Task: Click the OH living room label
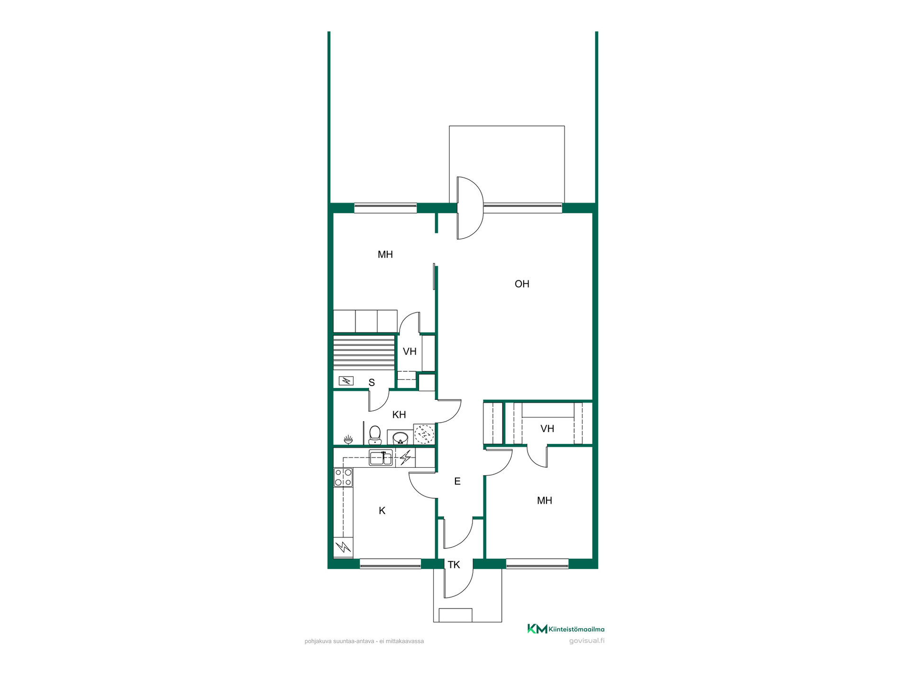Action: [x=522, y=284]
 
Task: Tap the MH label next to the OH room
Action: [x=385, y=254]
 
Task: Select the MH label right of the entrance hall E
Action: [x=545, y=500]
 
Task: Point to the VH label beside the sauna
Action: [x=409, y=351]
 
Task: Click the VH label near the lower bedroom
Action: [x=547, y=429]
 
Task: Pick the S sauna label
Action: [x=372, y=383]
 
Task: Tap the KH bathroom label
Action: [x=399, y=415]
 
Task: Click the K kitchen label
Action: [x=382, y=511]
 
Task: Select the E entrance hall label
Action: [x=457, y=481]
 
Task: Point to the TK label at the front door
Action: [x=454, y=565]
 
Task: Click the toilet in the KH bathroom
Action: [x=375, y=435]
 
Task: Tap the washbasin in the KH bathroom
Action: [x=400, y=437]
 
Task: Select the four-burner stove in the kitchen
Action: [x=343, y=477]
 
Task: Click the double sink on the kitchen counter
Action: [x=381, y=458]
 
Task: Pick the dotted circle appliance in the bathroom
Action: [x=424, y=434]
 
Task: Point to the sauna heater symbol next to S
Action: [x=346, y=380]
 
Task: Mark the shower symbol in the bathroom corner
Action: [x=348, y=439]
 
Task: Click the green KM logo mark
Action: [x=537, y=629]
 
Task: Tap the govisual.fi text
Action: [x=587, y=641]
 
